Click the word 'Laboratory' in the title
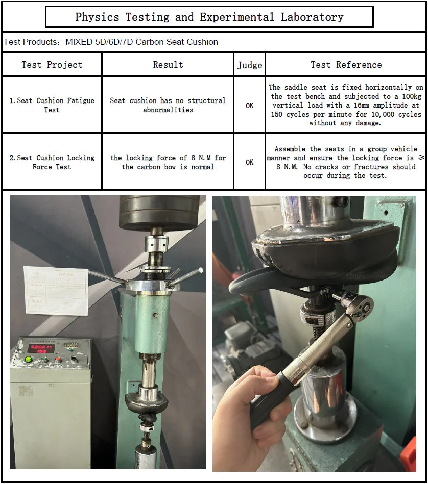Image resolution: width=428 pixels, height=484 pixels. pos(312,17)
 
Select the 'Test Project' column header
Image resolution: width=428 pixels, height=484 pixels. pos(52,65)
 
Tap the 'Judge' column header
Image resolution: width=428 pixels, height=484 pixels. pos(250,65)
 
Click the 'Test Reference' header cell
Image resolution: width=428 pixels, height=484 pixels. pos(346,65)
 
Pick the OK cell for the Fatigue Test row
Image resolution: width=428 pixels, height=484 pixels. pos(250,106)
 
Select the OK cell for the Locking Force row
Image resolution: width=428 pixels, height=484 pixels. pos(250,162)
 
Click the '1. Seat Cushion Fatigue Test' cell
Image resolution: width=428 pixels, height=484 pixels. pos(52,105)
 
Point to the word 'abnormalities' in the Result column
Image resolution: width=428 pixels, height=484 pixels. pos(168,110)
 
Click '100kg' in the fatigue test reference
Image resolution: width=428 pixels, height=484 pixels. pos(412,96)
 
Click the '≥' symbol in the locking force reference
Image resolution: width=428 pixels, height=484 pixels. pos(421,158)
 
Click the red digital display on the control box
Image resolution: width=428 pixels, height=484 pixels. pos(41,348)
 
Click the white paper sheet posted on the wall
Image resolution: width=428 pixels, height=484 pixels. pos(56,291)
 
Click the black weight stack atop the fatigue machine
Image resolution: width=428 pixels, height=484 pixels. pos(158,212)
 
